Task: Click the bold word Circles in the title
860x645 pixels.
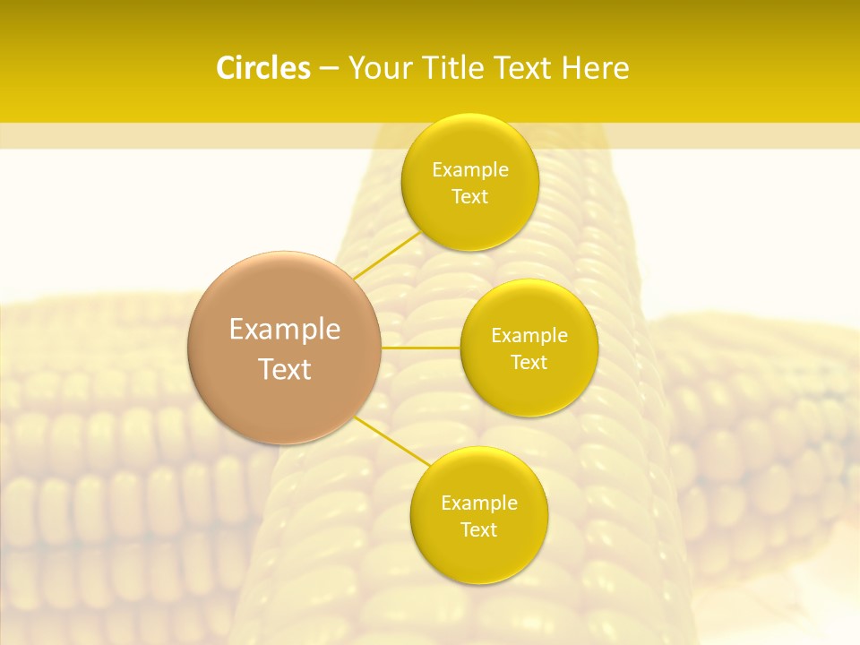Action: coord(262,68)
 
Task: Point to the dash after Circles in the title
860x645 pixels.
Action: coord(329,69)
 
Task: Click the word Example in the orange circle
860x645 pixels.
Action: coord(285,330)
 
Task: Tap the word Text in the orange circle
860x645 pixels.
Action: coord(285,369)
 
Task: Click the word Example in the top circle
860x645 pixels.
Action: coord(470,170)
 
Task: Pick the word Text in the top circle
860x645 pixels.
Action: coord(470,197)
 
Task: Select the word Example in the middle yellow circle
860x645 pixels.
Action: coord(529,336)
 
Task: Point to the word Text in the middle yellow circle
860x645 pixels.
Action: coord(529,363)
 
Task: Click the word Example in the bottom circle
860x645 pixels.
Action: coord(479,503)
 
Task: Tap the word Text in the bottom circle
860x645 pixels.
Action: coord(479,530)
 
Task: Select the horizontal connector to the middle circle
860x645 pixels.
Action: coord(421,348)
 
